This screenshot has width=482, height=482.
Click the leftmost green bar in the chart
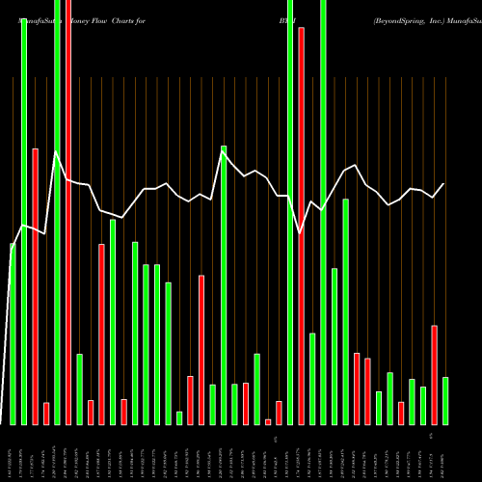click(13, 334)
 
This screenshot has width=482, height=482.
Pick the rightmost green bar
click(445, 400)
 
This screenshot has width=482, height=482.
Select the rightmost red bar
click(435, 375)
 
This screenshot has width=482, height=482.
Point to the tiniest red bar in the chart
click(268, 421)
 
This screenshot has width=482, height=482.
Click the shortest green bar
click(179, 417)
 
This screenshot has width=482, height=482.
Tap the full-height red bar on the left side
click(68, 212)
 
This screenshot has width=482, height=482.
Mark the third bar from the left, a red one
click(35, 286)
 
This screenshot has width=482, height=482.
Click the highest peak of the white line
click(57, 151)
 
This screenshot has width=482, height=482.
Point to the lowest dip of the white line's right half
click(301, 232)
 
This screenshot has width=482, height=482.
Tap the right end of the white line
click(444, 183)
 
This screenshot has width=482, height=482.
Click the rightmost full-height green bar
click(324, 212)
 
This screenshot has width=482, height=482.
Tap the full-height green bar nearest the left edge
click(57, 212)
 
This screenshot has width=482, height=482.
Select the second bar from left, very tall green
click(24, 222)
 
